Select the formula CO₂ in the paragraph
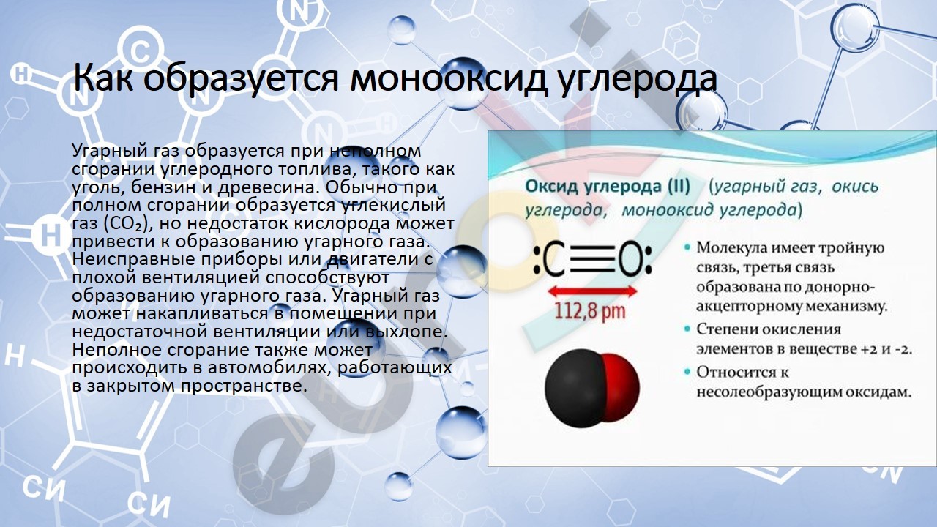tap(124, 224)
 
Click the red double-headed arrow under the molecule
tap(593, 291)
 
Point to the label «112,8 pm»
tap(590, 311)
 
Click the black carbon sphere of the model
tap(574, 388)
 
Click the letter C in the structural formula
tap(554, 260)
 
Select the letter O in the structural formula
tap(630, 260)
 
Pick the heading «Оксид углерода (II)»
tap(608, 186)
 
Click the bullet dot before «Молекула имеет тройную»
tap(687, 247)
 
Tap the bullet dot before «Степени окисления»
tap(687, 329)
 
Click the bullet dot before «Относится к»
tap(687, 371)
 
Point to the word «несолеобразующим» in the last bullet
tap(766, 392)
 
